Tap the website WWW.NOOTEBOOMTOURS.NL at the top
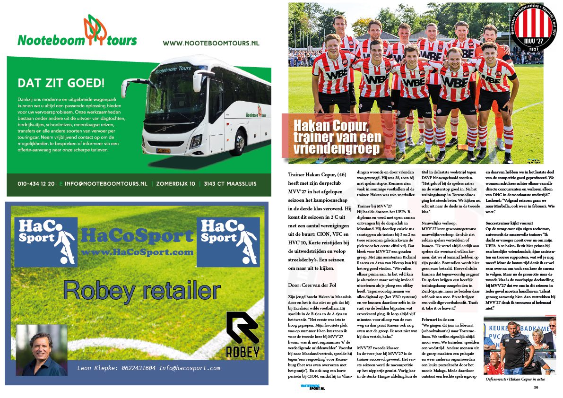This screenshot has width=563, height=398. [x=211, y=43]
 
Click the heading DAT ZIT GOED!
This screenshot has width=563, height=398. [x=61, y=83]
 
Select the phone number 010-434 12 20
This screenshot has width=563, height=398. [x=36, y=183]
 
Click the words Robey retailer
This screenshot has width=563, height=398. [x=142, y=290]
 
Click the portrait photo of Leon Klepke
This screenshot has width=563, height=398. [x=42, y=350]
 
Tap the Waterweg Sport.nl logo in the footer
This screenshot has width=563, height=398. [x=312, y=387]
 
